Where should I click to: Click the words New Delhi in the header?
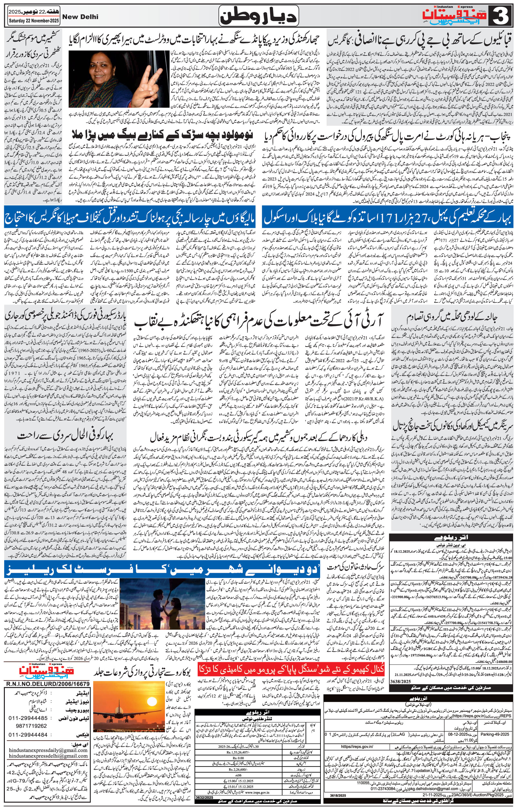[x=79, y=16]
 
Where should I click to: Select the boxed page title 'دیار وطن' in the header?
[x=258, y=16]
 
